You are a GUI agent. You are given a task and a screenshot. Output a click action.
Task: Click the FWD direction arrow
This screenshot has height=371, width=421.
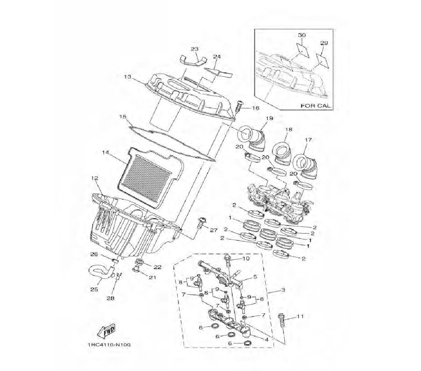pyautogui.click(x=106, y=331)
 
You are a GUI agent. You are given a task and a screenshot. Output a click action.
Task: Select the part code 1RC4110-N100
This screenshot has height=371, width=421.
pyautogui.click(x=109, y=345)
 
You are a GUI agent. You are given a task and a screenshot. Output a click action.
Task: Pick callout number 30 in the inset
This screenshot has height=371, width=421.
pyautogui.click(x=302, y=35)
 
